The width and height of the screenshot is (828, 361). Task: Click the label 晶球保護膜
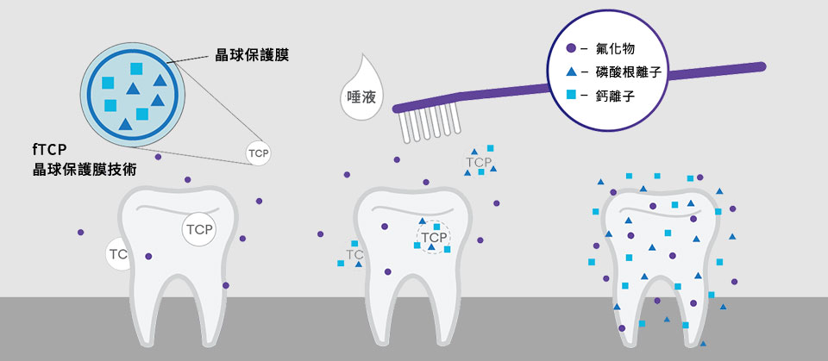coord(251,54)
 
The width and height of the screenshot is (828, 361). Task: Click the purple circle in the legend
coord(571,49)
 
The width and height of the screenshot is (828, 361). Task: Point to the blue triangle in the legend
coord(571,72)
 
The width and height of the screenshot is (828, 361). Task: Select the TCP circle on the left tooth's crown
coord(198,229)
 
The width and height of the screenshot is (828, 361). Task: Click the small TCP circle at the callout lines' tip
coord(259,153)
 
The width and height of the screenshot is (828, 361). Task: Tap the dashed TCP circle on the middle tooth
coord(434,237)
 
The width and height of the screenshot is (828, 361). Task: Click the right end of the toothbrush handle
coord(759,66)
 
